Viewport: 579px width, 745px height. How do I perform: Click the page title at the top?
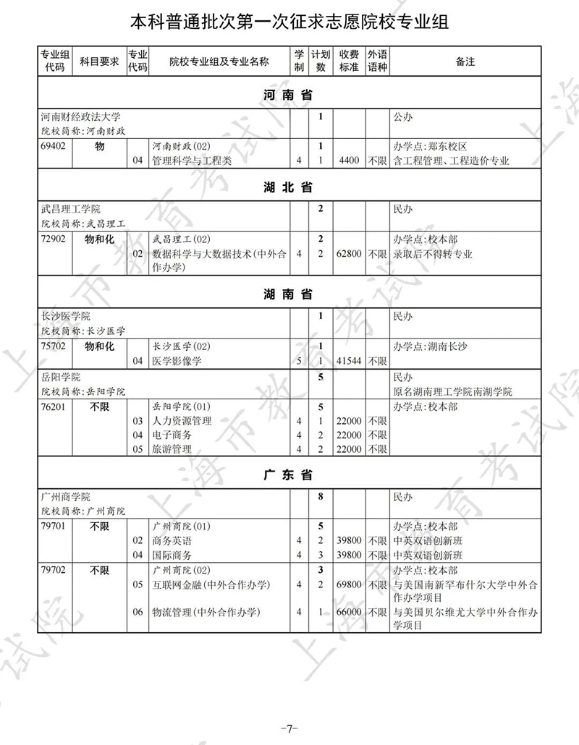click(289, 22)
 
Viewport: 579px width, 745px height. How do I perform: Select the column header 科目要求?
click(99, 61)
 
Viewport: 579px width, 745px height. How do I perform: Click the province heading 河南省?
click(288, 95)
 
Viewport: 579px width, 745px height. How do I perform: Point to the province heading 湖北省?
click(288, 187)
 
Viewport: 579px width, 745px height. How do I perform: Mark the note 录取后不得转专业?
click(432, 254)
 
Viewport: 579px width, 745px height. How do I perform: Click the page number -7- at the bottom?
click(289, 727)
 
